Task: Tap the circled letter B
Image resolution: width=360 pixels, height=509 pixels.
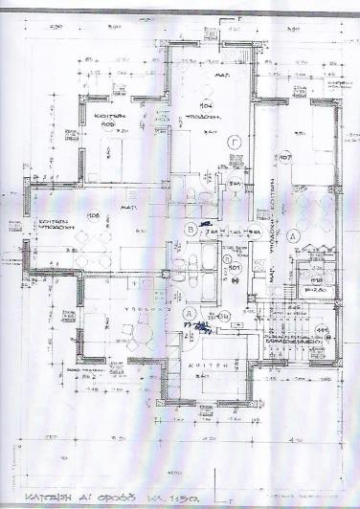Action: pos(192,230)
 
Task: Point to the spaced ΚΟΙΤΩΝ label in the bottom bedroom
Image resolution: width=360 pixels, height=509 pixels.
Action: pos(217,364)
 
